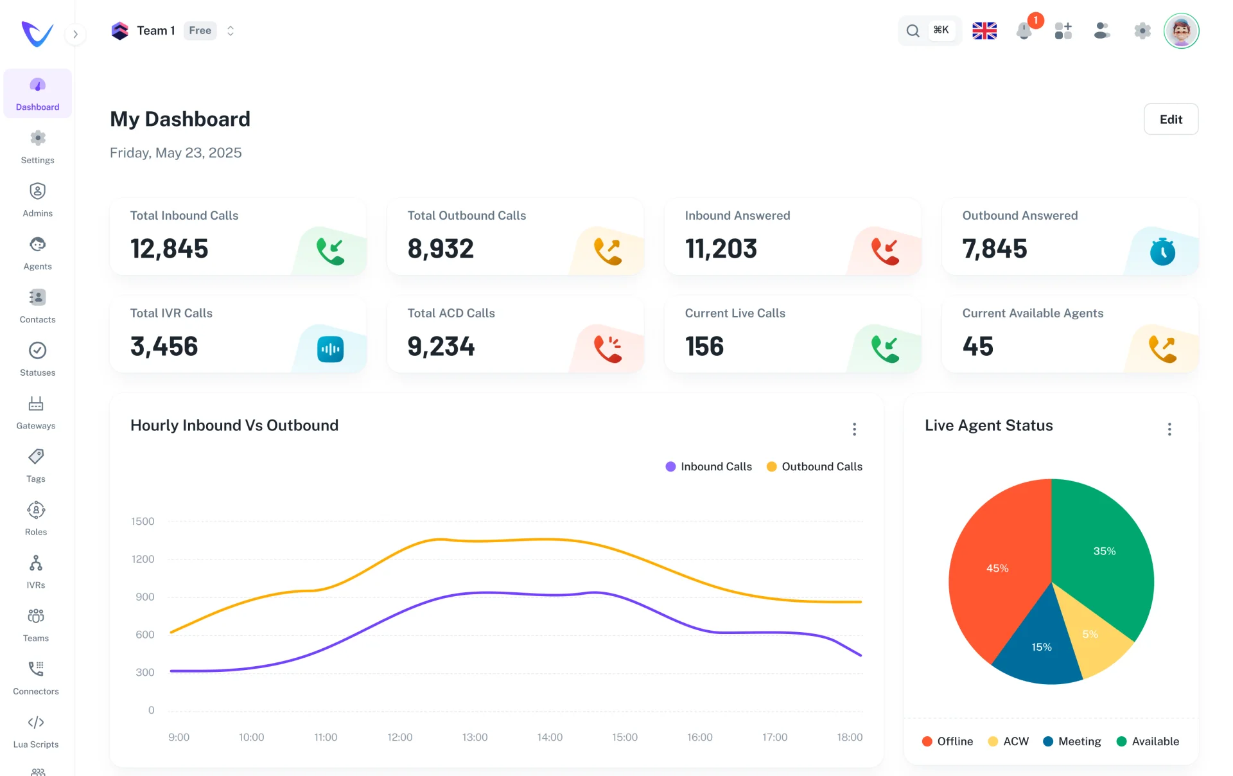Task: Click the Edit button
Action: pos(1171,119)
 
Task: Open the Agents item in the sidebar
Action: pos(37,254)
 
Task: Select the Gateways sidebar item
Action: pos(36,413)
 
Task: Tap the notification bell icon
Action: pos(1024,31)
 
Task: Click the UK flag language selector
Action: pos(984,31)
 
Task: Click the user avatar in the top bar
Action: pos(1181,31)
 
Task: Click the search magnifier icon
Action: pos(913,31)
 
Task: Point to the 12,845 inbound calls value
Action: pos(170,249)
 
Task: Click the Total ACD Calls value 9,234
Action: pos(441,346)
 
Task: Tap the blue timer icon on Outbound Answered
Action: pos(1162,252)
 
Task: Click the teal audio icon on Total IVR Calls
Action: pos(330,349)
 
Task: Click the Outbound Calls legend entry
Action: pos(814,466)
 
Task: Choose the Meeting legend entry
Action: pos(1072,741)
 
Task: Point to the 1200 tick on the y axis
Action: pos(143,559)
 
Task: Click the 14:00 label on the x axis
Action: pos(550,737)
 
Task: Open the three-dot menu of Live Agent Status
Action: pos(1169,429)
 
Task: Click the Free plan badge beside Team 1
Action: pos(200,31)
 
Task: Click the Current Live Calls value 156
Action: pos(704,346)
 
